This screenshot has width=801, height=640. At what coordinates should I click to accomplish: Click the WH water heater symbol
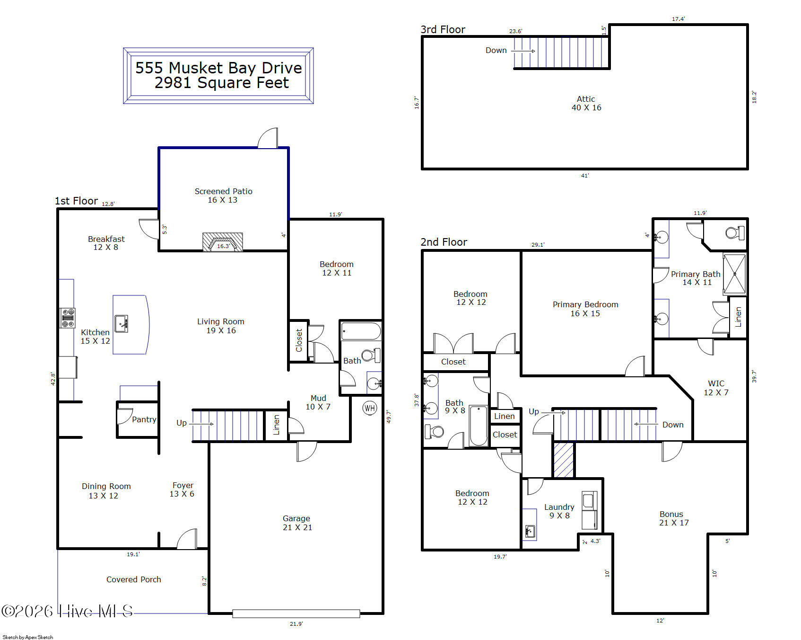pyautogui.click(x=369, y=408)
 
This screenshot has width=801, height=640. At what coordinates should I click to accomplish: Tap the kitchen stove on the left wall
pyautogui.click(x=68, y=318)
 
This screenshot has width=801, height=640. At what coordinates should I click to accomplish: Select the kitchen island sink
pyautogui.click(x=122, y=323)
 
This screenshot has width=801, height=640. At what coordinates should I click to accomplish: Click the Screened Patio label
pyautogui.click(x=223, y=191)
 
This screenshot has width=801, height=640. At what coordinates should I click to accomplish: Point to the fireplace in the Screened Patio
pyautogui.click(x=223, y=242)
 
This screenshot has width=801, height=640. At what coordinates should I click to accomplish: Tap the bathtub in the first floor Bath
pyautogui.click(x=361, y=331)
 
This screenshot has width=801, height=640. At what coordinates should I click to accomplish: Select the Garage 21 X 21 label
pyautogui.click(x=297, y=523)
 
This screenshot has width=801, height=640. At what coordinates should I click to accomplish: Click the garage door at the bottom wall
pyautogui.click(x=296, y=613)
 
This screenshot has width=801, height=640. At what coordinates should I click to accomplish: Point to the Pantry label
pyautogui.click(x=144, y=419)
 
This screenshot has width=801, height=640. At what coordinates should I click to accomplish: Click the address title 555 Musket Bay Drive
pyautogui.click(x=218, y=68)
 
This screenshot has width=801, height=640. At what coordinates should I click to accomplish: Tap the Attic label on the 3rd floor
pyautogui.click(x=586, y=99)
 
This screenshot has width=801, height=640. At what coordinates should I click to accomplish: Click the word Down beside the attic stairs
pyautogui.click(x=496, y=50)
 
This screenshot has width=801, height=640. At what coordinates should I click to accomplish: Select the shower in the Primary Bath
pyautogui.click(x=735, y=274)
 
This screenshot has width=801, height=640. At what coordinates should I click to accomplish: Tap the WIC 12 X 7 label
pyautogui.click(x=716, y=388)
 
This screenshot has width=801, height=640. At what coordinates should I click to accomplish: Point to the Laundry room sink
pyautogui.click(x=530, y=531)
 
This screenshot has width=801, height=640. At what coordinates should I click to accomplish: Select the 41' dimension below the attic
pyautogui.click(x=585, y=176)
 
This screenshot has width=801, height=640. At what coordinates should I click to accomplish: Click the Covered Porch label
pyautogui.click(x=134, y=579)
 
